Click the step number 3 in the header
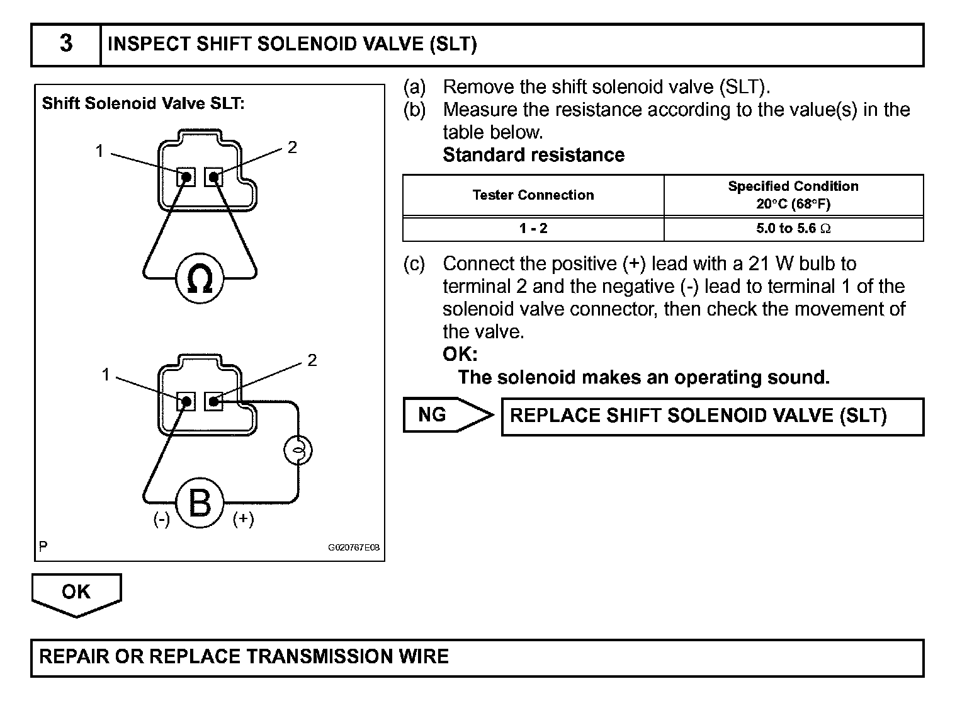click(x=65, y=44)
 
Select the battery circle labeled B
click(x=200, y=504)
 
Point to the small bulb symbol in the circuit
click(x=298, y=450)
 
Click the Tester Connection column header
click(x=533, y=195)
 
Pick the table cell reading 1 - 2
click(x=533, y=229)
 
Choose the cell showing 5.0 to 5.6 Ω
click(x=793, y=229)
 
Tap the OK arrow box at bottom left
click(x=76, y=593)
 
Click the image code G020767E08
click(x=354, y=547)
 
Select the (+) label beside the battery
click(x=243, y=519)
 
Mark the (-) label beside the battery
click(x=162, y=519)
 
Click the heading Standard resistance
click(x=533, y=155)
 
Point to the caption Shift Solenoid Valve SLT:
click(x=143, y=103)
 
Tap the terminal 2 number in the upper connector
click(x=292, y=147)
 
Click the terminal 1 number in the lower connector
click(x=106, y=375)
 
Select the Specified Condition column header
click(x=793, y=195)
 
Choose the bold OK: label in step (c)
click(x=460, y=354)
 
